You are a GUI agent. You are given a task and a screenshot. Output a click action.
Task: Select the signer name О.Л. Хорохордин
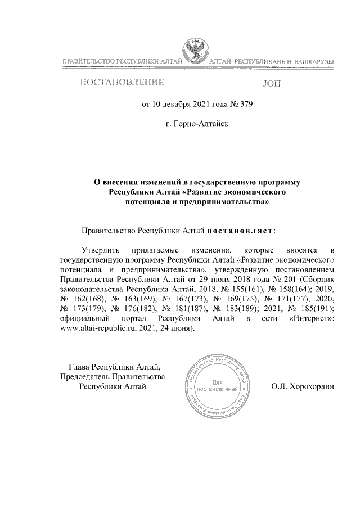(x=301, y=387)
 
